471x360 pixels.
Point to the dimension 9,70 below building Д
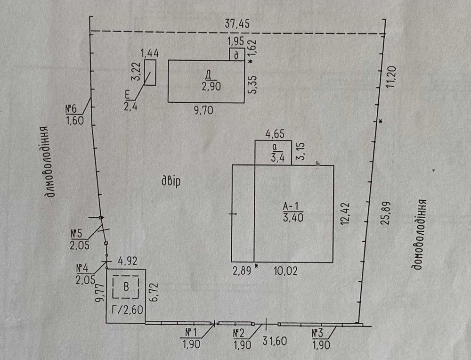tap(203, 111)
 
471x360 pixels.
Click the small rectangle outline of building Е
tap(150, 73)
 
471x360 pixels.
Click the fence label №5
tap(76, 233)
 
